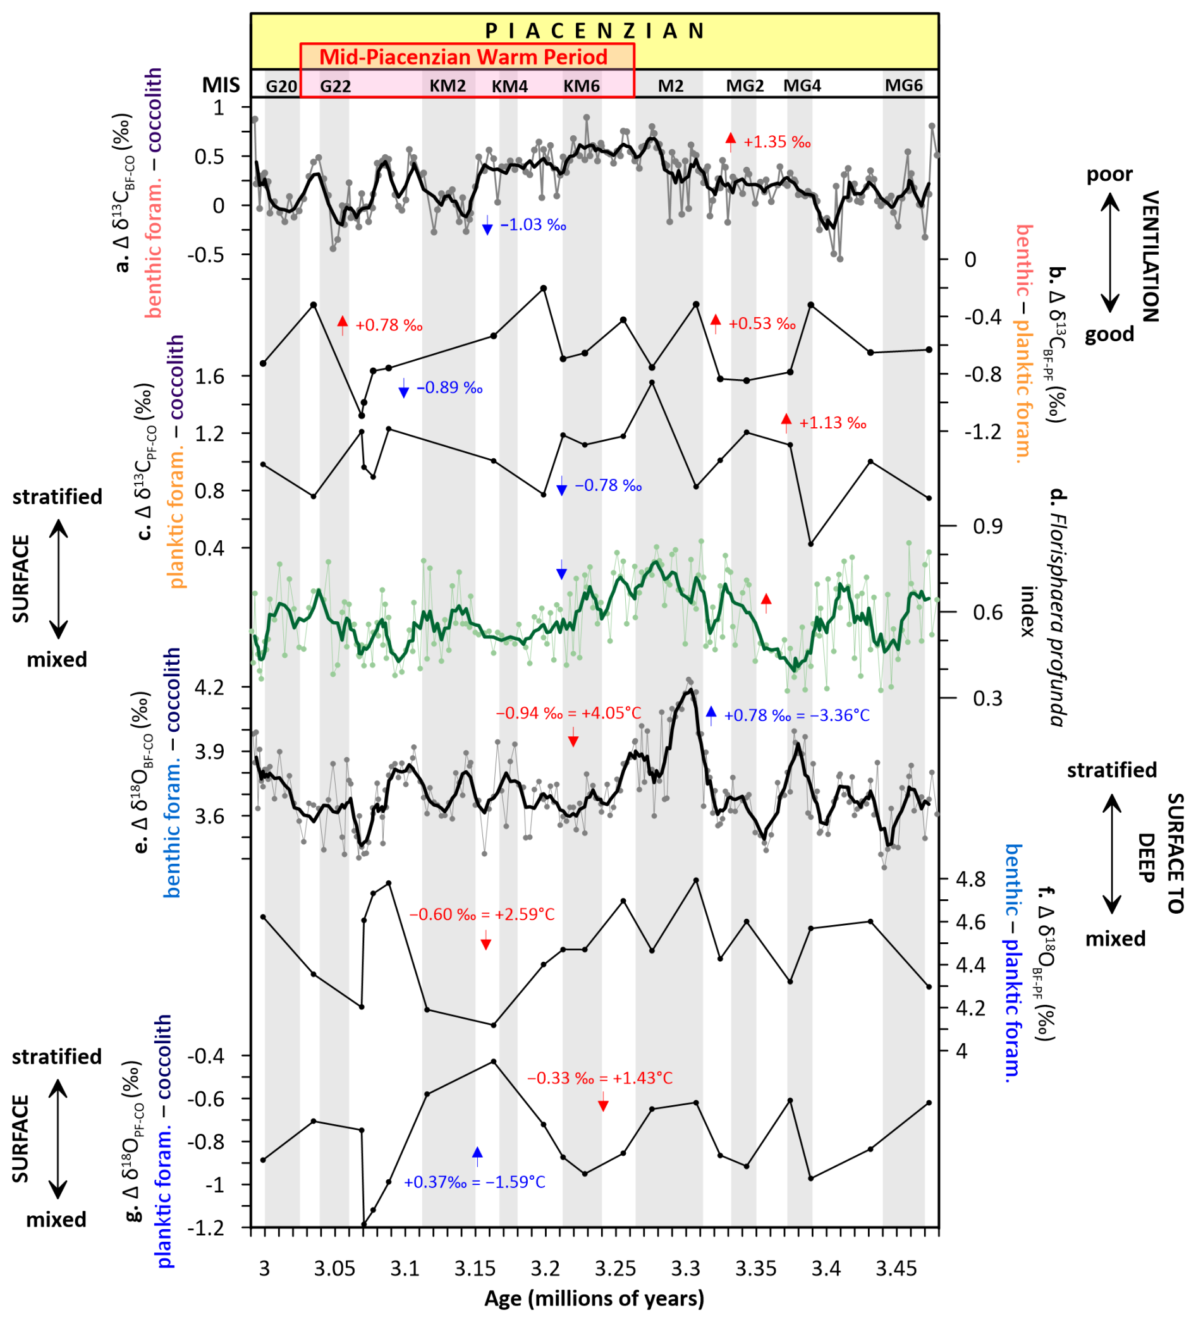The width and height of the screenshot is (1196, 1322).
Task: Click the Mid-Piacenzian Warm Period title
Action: (x=463, y=57)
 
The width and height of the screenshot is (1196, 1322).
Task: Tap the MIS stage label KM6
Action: (x=582, y=86)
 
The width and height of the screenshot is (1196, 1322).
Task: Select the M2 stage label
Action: (x=671, y=86)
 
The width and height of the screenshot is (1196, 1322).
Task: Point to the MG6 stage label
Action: (x=903, y=85)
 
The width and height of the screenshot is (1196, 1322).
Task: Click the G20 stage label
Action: (x=281, y=87)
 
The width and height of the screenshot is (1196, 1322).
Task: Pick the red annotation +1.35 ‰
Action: (x=777, y=142)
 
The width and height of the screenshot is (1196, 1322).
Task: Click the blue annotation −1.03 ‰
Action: (x=533, y=226)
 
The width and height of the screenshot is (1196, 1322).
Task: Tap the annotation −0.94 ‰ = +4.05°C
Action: (x=568, y=713)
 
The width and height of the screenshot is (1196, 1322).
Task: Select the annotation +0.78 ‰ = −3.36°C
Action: (x=796, y=715)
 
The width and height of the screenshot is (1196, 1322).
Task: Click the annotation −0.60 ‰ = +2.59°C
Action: (x=482, y=914)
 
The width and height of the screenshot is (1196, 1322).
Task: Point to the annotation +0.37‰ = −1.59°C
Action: (x=474, y=1182)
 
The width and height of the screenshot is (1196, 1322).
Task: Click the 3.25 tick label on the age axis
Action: (x=616, y=1270)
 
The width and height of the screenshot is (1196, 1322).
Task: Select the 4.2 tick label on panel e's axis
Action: (x=209, y=688)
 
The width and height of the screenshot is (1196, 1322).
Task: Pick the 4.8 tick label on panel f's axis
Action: (x=970, y=880)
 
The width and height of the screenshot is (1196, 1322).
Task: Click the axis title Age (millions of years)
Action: (x=594, y=1299)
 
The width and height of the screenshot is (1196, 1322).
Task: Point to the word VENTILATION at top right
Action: (x=1150, y=257)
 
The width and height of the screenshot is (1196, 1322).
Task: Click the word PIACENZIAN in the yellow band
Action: (x=594, y=31)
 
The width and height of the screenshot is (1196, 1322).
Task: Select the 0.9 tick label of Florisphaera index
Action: (x=987, y=526)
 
